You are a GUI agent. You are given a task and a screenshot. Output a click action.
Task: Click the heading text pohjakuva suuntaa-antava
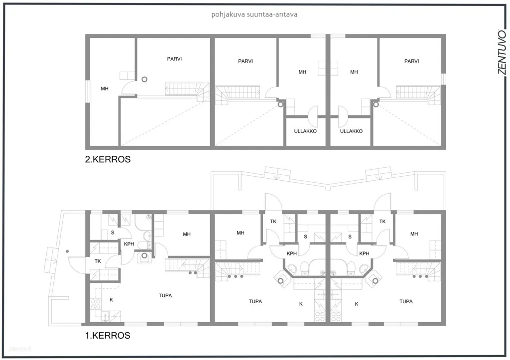(x=254, y=14)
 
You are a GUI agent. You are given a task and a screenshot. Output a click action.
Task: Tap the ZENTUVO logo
(x=502, y=52)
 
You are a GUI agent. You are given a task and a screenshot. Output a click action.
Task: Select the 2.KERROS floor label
(x=108, y=159)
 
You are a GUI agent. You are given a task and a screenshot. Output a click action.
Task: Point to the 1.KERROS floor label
(x=108, y=335)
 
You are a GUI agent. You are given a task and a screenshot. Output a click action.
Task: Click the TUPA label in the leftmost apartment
(x=165, y=296)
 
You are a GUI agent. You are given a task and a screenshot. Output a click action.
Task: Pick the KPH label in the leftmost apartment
(x=129, y=244)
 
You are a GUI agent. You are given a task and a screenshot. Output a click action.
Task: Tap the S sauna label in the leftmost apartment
(x=113, y=233)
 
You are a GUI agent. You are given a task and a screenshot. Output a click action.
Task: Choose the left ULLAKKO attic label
(x=305, y=131)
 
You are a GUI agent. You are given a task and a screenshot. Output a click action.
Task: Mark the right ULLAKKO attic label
(x=351, y=131)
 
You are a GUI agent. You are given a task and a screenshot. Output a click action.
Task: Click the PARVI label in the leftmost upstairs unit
(x=174, y=59)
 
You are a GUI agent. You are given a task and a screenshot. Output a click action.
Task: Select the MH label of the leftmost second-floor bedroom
(x=105, y=89)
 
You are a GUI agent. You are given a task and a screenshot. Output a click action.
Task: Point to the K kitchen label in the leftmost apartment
(x=111, y=300)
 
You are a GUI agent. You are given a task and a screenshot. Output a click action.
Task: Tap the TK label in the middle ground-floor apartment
(x=273, y=222)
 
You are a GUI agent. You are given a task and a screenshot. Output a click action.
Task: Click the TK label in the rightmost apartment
(x=382, y=222)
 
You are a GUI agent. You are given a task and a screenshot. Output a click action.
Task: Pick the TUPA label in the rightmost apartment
(x=406, y=301)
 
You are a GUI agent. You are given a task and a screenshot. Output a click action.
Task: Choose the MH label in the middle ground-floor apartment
(x=241, y=233)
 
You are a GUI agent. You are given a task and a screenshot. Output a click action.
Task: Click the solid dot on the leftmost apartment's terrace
(x=67, y=251)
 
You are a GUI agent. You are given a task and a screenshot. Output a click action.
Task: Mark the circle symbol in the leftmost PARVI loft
(x=144, y=79)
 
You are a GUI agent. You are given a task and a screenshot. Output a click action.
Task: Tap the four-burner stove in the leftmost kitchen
(x=95, y=304)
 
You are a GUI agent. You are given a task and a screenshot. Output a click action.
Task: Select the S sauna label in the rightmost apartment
(x=350, y=237)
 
